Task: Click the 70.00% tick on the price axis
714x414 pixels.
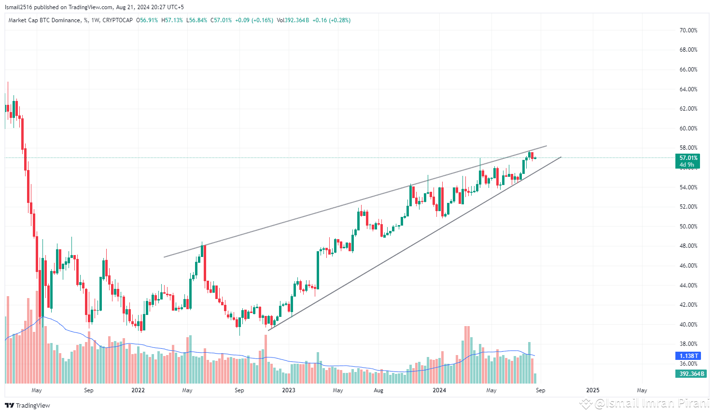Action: [688, 30]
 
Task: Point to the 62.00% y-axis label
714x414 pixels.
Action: [688, 109]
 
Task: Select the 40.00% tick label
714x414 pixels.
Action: [688, 325]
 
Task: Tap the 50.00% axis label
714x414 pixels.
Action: [688, 227]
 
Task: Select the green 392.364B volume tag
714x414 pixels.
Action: [691, 374]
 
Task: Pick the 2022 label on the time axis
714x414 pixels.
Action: [138, 390]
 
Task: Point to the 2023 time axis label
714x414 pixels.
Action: [288, 390]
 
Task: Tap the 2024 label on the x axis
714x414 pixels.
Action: [439, 390]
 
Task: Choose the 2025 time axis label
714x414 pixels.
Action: [592, 390]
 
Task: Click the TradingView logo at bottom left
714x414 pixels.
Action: [28, 405]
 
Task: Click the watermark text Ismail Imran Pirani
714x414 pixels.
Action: [651, 403]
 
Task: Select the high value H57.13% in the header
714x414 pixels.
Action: [172, 20]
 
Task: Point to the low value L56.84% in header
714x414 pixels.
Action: [196, 20]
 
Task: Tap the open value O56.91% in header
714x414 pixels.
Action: [147, 20]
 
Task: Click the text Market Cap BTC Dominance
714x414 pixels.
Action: [44, 20]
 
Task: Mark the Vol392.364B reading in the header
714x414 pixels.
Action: [293, 20]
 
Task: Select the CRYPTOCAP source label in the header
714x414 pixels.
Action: [117, 20]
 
